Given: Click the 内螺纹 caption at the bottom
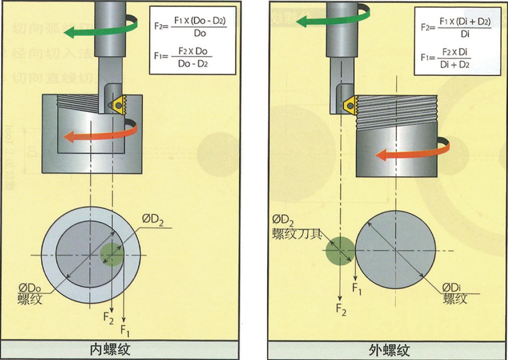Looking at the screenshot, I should click(110, 349).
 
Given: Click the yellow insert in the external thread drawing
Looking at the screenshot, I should click(349, 104).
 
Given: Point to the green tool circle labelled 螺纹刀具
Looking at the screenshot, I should click(339, 250).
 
